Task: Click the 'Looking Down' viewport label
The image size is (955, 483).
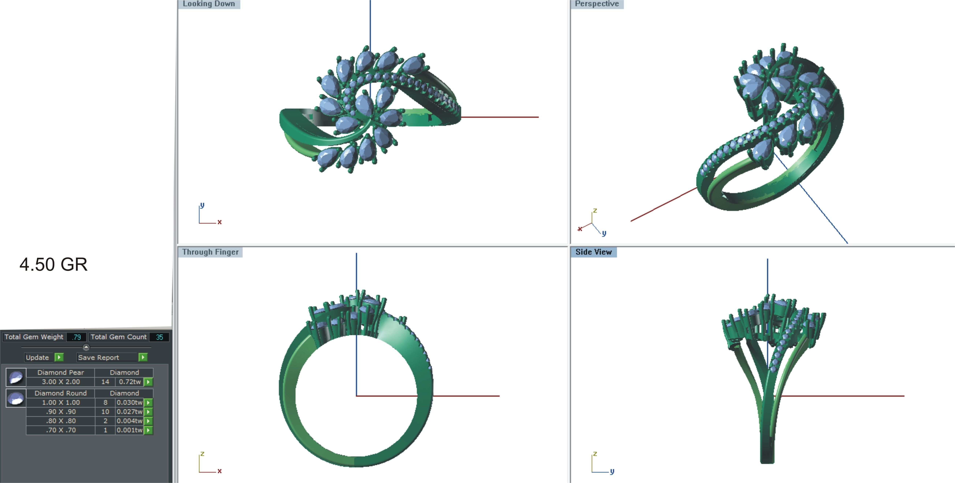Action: click(x=209, y=4)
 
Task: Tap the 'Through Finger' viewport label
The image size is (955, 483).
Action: click(x=210, y=252)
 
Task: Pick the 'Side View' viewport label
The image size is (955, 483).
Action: click(x=594, y=252)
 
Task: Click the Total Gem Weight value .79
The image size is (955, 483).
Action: click(x=76, y=337)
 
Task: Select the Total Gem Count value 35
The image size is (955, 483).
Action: click(x=159, y=337)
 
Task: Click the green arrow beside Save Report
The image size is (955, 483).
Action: click(x=143, y=357)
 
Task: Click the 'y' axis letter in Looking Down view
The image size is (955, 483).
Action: click(x=202, y=205)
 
